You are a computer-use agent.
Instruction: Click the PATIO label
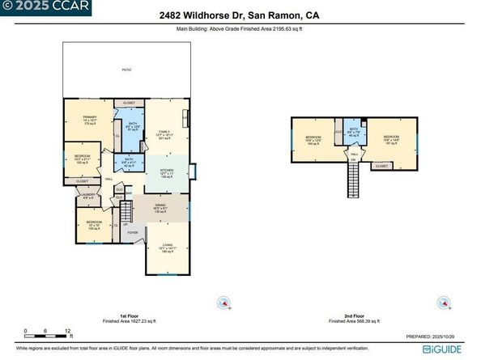point(127,70)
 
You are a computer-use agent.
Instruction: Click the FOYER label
point(133,233)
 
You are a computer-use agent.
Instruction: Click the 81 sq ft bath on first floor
point(133,126)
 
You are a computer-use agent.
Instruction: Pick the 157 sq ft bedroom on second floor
point(392,140)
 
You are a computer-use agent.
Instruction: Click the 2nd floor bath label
point(354,132)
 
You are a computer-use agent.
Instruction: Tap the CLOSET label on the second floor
point(381,166)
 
